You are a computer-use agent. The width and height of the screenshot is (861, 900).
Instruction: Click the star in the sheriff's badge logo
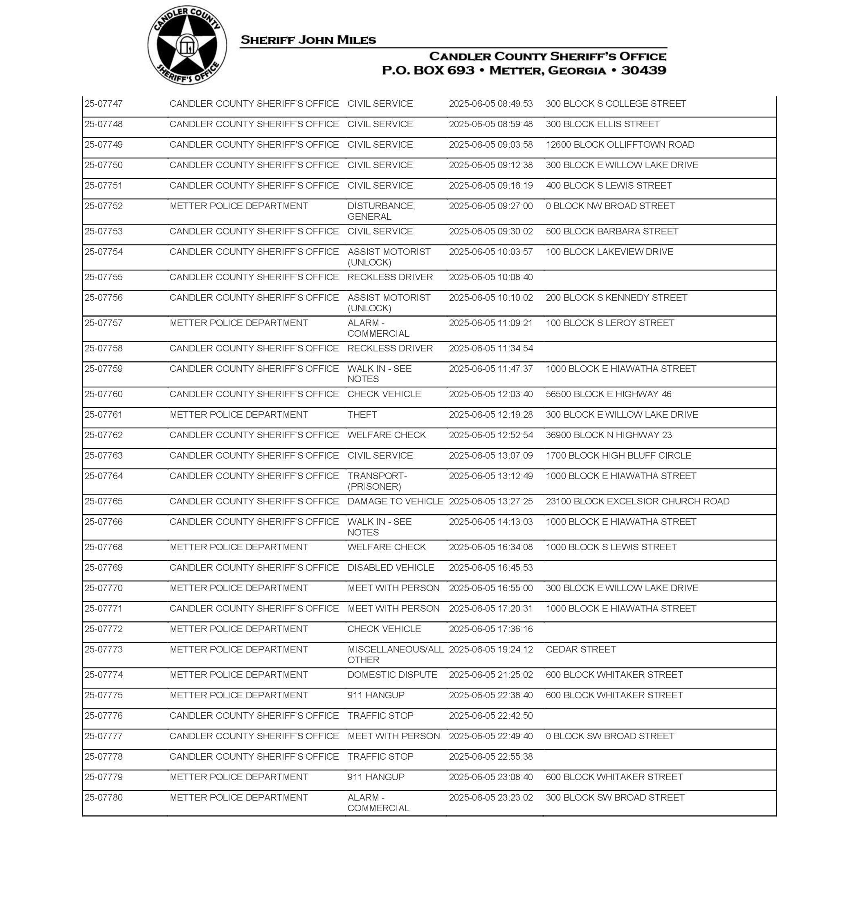click(x=187, y=45)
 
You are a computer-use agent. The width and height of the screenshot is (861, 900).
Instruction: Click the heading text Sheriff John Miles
click(x=308, y=40)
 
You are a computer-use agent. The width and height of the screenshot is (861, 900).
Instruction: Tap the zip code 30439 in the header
click(x=643, y=70)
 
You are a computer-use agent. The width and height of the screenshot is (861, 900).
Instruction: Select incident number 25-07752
click(x=104, y=206)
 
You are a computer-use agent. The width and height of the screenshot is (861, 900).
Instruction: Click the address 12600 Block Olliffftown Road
click(x=620, y=144)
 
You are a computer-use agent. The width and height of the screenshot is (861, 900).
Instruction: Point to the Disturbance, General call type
click(x=381, y=211)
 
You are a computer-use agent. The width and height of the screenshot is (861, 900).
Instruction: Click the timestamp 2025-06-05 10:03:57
click(x=490, y=252)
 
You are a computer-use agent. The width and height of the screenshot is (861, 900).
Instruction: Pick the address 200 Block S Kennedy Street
click(x=616, y=297)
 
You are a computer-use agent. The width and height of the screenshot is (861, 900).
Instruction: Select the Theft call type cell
click(x=362, y=414)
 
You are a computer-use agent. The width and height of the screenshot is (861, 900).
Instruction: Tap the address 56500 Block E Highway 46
click(x=608, y=394)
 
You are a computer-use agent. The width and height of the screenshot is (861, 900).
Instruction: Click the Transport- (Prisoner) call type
click(x=377, y=481)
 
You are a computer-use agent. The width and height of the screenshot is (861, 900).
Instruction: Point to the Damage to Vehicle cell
click(x=395, y=501)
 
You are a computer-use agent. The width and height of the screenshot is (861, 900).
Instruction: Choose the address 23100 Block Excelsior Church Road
click(x=638, y=501)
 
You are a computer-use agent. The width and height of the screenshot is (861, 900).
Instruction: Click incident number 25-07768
click(x=104, y=547)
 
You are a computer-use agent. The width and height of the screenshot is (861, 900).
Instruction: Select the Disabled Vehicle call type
click(x=391, y=568)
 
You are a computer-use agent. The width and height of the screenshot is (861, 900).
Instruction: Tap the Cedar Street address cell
click(x=580, y=649)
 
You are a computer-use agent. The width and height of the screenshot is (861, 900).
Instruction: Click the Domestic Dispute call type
click(x=392, y=675)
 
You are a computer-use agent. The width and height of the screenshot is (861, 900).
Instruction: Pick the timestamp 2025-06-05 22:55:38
click(x=490, y=756)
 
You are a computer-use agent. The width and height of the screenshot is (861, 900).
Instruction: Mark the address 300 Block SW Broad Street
click(x=615, y=797)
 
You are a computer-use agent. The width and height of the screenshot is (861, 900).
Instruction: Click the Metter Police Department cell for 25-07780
click(x=238, y=797)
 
